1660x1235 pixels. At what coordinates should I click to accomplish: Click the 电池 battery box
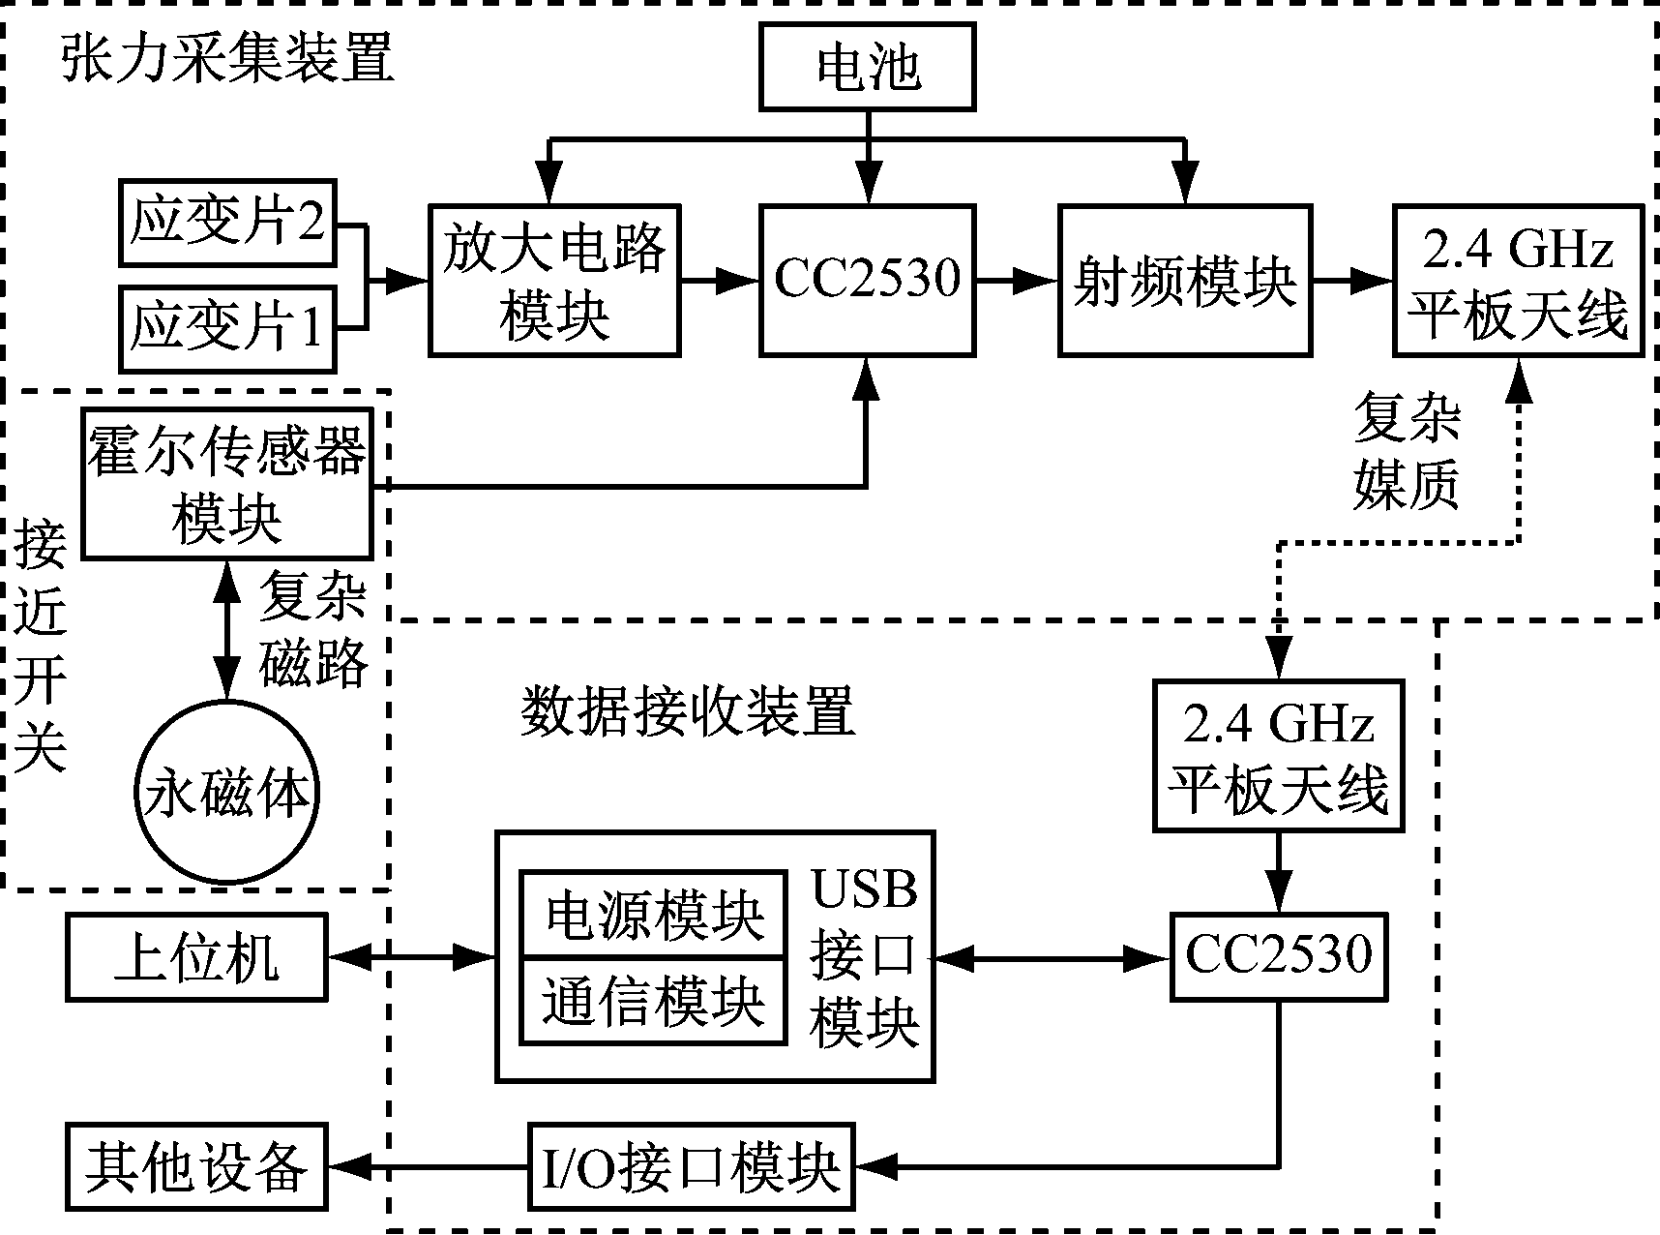[x=868, y=67]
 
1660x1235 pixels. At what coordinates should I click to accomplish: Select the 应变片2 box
[x=227, y=223]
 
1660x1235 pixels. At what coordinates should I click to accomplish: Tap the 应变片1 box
[x=227, y=328]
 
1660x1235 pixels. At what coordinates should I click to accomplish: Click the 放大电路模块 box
[x=554, y=280]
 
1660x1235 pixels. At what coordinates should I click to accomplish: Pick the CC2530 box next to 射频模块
[x=867, y=280]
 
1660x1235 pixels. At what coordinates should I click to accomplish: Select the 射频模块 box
[x=1185, y=280]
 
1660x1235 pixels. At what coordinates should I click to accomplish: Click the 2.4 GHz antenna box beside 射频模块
[x=1518, y=280]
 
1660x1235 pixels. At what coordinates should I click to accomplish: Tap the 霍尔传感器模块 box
[x=227, y=484]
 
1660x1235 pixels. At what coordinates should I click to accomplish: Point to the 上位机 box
[x=196, y=957]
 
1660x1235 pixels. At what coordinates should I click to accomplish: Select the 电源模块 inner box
[x=654, y=914]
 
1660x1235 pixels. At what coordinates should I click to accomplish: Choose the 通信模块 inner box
[x=654, y=1001]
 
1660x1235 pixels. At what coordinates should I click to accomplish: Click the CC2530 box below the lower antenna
[x=1278, y=956]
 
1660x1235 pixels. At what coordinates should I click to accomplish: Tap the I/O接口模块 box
[x=692, y=1167]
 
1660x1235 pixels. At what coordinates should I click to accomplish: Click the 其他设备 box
[x=196, y=1167]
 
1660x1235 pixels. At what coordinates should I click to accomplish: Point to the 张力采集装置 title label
[x=227, y=58]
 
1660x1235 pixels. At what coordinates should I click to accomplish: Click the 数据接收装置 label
[x=688, y=713]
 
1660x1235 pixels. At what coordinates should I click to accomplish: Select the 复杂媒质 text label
[x=1406, y=451]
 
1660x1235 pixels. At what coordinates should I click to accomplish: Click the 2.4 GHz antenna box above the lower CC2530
[x=1278, y=755]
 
